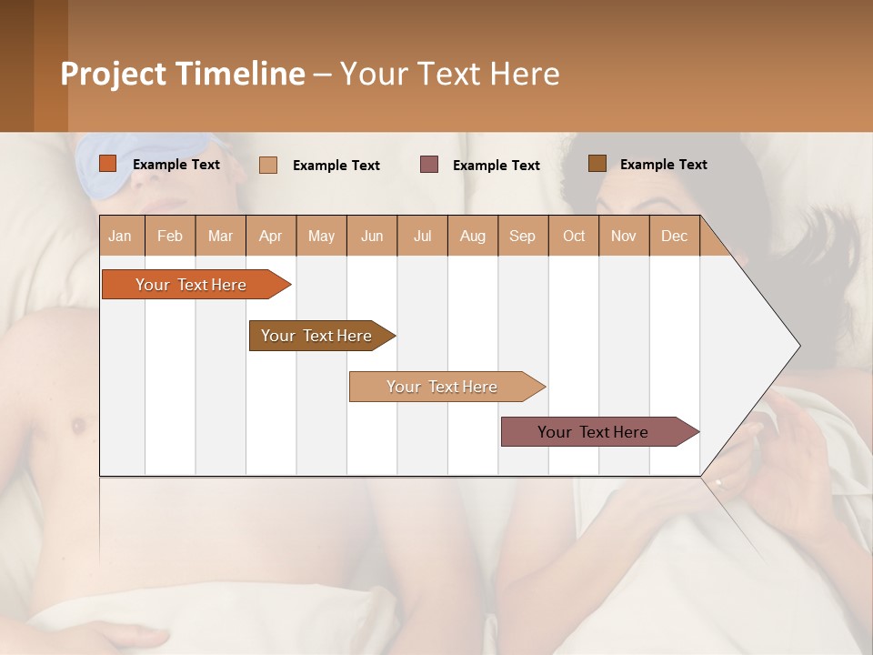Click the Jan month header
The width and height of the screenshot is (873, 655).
pos(120,236)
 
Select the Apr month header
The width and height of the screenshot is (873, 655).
pos(270,236)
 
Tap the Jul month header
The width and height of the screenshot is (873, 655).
pos(422,236)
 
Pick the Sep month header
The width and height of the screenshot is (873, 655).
pos(522,236)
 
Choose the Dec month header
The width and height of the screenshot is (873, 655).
pos(674,236)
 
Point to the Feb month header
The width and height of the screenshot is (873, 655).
pos(170,236)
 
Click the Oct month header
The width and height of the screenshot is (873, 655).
pos(574,236)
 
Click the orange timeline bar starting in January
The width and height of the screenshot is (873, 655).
pos(191,285)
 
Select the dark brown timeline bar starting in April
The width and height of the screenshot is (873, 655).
pos(316,336)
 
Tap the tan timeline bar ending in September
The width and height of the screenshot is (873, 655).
pos(442,387)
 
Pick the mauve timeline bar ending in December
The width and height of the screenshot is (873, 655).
pos(593,432)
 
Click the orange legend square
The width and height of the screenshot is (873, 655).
pos(108,164)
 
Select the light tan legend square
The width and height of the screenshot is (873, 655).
pos(268,165)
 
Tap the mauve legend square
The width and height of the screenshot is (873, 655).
pos(429,165)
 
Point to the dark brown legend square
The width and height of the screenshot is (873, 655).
pos(597,164)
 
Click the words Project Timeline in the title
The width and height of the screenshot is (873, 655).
pos(183,74)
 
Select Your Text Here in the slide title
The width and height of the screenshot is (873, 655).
pos(449,74)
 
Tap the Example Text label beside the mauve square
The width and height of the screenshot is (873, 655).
pos(496,166)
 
